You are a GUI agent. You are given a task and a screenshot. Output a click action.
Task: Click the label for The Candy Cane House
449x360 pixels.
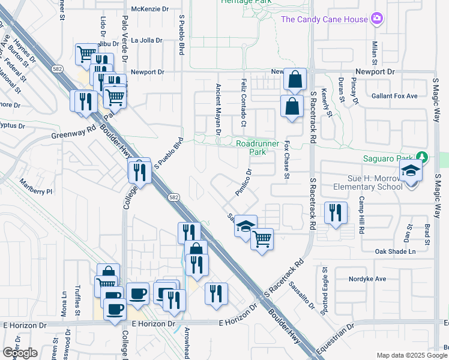pos(324,19)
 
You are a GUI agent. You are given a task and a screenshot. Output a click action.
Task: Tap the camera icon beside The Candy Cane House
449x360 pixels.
pos(376,19)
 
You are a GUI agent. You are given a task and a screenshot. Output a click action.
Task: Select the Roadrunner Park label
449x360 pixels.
pos(259,148)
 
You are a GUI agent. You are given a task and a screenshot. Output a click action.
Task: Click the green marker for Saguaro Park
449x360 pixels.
pos(424,158)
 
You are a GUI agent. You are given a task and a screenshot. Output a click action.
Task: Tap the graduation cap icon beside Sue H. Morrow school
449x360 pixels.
pos(411,172)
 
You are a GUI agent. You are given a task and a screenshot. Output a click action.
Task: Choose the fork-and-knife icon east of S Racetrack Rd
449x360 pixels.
pos(335,213)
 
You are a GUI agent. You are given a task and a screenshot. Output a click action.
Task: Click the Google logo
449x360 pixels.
pos(20,352)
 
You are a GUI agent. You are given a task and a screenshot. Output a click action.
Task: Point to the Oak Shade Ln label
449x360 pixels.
pos(395,251)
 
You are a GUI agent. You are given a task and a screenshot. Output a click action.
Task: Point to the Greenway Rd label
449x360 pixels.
pos(73,132)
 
